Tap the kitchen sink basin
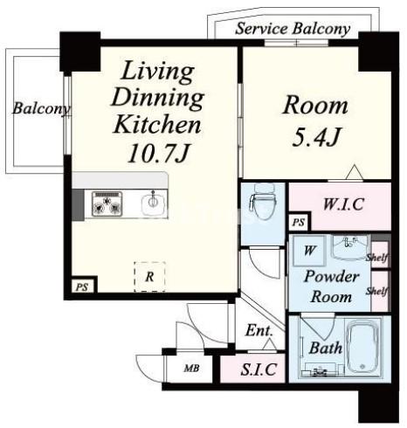click(x=153, y=203)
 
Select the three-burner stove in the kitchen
click(x=107, y=204)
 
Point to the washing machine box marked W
click(x=309, y=251)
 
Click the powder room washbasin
click(x=350, y=248)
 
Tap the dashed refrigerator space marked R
click(x=149, y=277)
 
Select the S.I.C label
click(x=259, y=369)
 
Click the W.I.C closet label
click(x=343, y=204)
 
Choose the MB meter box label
click(x=192, y=369)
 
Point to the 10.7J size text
click(x=159, y=154)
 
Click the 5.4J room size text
click(x=316, y=136)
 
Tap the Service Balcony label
click(x=293, y=29)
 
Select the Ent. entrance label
click(x=259, y=330)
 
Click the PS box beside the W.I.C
click(x=299, y=223)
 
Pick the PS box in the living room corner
click(x=82, y=286)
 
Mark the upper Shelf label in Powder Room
click(x=377, y=258)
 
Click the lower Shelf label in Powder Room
click(x=377, y=291)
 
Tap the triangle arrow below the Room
click(x=355, y=172)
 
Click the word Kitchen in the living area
click(x=157, y=124)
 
